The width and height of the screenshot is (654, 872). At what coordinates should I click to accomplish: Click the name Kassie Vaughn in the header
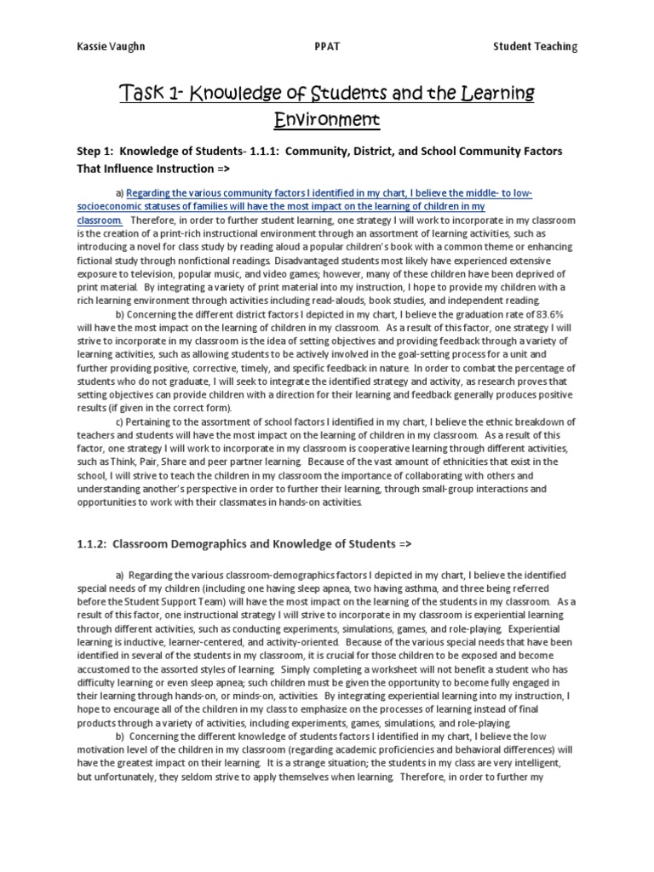coord(101,46)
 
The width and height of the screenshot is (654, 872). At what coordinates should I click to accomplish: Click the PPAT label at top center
coord(328,46)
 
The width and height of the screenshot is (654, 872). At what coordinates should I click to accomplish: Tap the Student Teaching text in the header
coord(535,46)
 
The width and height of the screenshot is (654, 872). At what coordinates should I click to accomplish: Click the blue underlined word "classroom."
coord(100,220)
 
